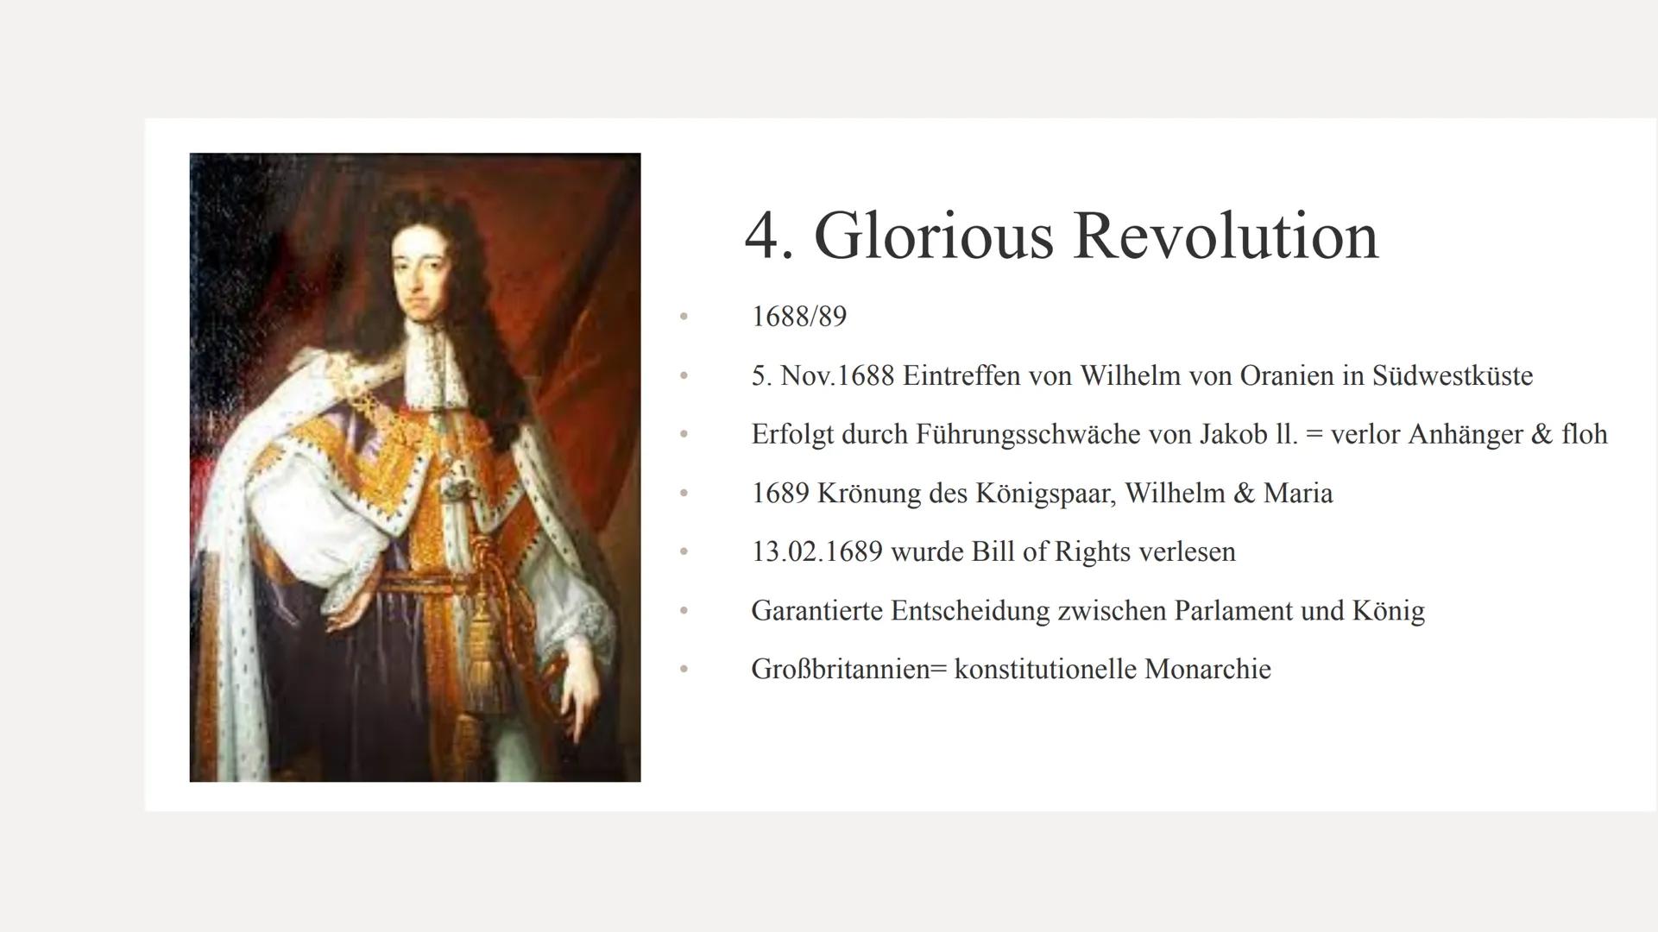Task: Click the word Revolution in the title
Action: (1226, 236)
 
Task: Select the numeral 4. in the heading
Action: (768, 236)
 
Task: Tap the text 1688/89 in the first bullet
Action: (798, 317)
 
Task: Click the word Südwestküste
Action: (1452, 376)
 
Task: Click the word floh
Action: (1585, 434)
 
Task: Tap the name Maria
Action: (1298, 494)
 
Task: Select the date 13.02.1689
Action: (816, 552)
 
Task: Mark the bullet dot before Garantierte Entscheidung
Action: (684, 611)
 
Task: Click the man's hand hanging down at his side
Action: (577, 690)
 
